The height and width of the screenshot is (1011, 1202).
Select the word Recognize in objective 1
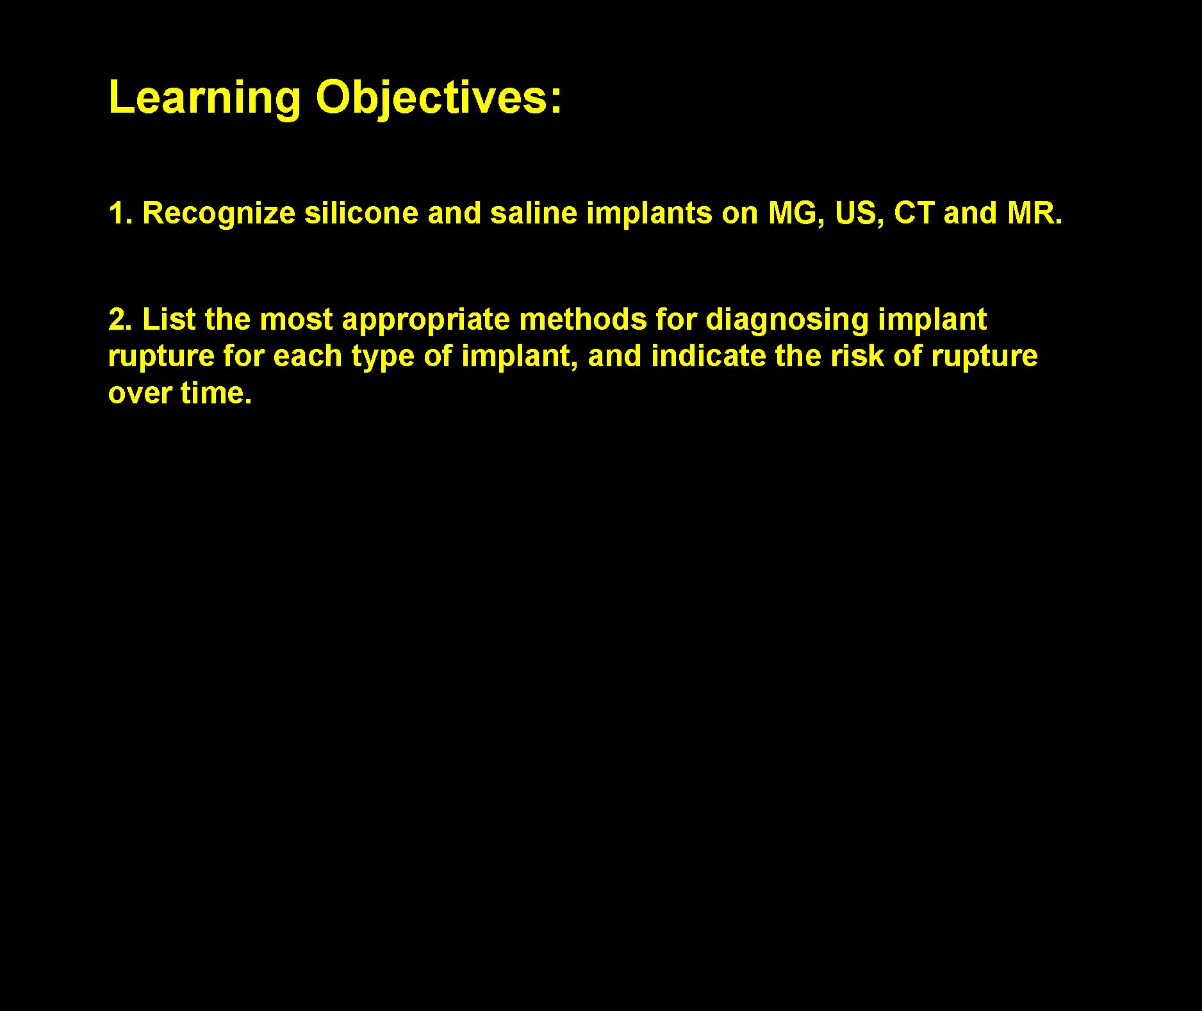[219, 214]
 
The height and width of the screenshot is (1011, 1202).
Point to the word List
[169, 319]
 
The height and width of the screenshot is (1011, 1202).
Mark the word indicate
[709, 356]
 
